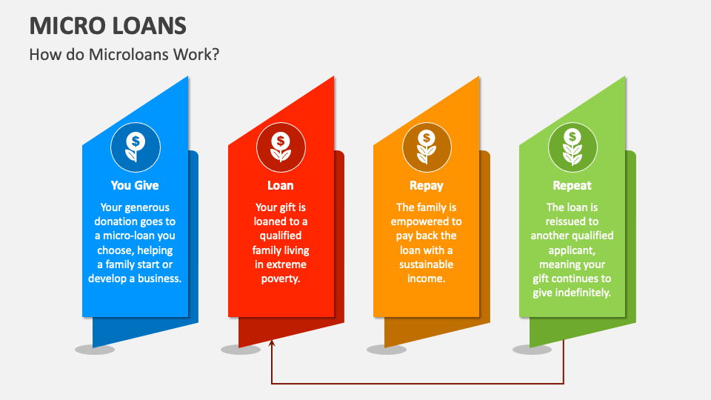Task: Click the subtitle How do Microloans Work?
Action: [x=124, y=54]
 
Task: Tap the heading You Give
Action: [x=135, y=185]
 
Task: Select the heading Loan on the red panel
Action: [x=280, y=185]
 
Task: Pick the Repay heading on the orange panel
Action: [x=426, y=185]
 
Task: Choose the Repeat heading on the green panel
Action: [x=572, y=185]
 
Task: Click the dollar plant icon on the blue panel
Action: [x=135, y=147]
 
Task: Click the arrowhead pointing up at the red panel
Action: [x=272, y=344]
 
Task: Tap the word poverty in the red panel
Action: [x=280, y=279]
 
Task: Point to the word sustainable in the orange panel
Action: [x=426, y=264]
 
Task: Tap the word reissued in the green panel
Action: [x=572, y=221]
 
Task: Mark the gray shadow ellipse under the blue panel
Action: [x=95, y=350]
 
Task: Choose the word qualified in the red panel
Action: [x=280, y=236]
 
